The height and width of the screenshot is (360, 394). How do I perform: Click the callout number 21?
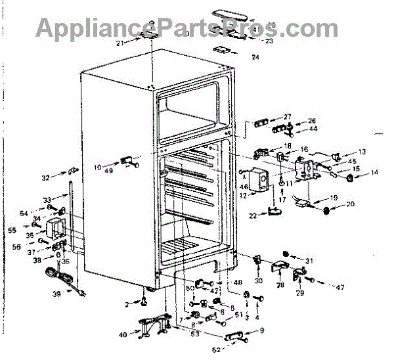pyautogui.click(x=120, y=43)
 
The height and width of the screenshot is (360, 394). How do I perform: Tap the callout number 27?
pyautogui.click(x=288, y=117)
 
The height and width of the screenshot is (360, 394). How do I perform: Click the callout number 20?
pyautogui.click(x=350, y=204)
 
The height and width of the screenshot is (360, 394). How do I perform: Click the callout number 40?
pyautogui.click(x=123, y=335)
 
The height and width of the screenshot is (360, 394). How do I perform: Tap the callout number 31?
pyautogui.click(x=309, y=261)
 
